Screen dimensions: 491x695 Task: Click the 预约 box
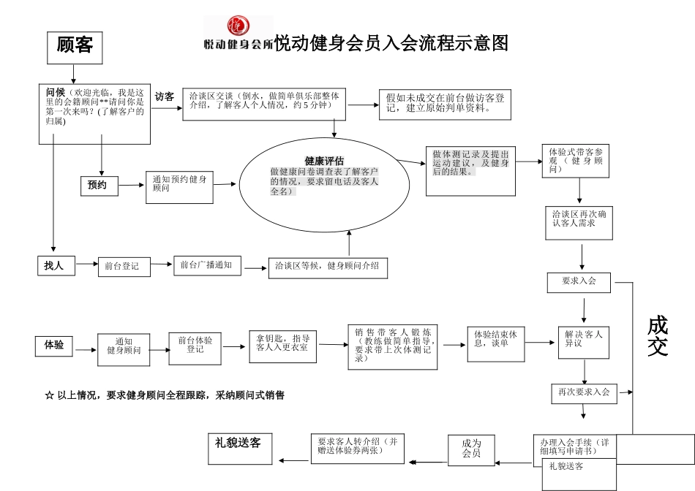point(97,186)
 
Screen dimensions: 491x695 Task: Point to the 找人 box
point(55,266)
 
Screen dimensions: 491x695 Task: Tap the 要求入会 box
point(579,282)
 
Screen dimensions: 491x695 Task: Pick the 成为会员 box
point(471,448)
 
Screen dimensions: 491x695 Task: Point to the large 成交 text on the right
point(658,336)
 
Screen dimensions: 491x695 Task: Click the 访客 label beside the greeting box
point(165,96)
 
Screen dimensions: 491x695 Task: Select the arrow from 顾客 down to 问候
point(74,74)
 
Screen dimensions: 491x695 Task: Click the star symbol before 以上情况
point(49,395)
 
